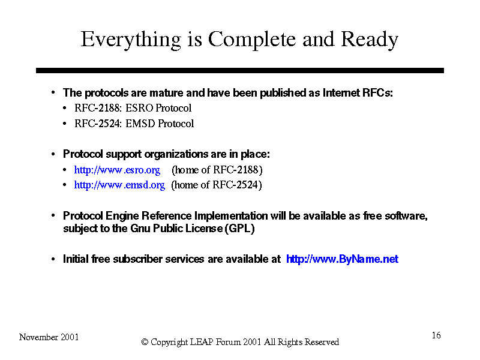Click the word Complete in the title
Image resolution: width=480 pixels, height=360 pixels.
coord(251,40)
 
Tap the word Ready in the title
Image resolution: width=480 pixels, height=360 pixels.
coord(370,40)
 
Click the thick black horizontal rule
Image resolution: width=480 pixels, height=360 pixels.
coord(240,70)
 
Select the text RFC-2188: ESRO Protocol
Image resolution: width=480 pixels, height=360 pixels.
coord(133,108)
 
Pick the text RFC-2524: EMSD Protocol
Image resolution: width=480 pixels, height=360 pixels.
coord(134,124)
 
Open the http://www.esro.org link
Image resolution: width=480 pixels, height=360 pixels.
coord(117,170)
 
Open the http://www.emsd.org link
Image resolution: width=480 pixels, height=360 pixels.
coord(119,185)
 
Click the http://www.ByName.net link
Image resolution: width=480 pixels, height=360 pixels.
coord(342,259)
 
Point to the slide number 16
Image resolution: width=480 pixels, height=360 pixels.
coord(436,335)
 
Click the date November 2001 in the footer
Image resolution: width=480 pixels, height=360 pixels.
coord(49,337)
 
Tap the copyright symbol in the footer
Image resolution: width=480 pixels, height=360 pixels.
coord(145,342)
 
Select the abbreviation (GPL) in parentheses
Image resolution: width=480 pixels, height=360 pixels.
coord(239,229)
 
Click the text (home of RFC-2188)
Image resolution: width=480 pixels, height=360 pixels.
coord(217,170)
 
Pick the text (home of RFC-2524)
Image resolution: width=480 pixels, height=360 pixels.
coord(217,185)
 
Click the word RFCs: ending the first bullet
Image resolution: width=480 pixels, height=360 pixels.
coord(377,93)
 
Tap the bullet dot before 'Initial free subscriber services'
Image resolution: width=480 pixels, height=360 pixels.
coord(53,259)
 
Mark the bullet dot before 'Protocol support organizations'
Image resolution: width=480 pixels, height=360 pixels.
coord(53,154)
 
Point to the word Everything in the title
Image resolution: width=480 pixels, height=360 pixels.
coord(131,40)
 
